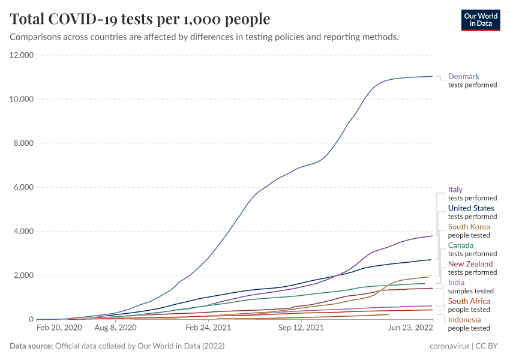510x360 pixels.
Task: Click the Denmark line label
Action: [x=464, y=77]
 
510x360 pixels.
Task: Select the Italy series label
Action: [x=455, y=190]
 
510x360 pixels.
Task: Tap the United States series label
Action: [x=471, y=208]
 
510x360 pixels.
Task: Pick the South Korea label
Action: [x=469, y=227]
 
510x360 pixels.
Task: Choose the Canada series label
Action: [x=460, y=245]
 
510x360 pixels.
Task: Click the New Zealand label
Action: [x=470, y=264]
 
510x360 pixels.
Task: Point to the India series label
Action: [x=456, y=283]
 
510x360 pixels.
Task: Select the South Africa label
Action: [x=469, y=301]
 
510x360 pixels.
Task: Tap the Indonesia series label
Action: [x=464, y=320]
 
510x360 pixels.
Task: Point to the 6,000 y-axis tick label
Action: [x=22, y=187]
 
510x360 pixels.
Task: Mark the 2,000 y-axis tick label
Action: [x=22, y=275]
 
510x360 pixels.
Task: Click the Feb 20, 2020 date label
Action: [x=59, y=328]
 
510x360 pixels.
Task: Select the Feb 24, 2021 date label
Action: [x=208, y=328]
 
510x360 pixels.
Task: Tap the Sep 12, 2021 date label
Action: [x=301, y=328]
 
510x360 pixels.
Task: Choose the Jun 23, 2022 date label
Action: [x=410, y=328]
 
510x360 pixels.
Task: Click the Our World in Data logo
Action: [x=480, y=20]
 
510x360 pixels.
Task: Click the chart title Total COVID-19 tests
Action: [x=140, y=19]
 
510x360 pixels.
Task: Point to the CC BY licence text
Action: [x=487, y=346]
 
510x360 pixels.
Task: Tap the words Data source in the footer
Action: [x=31, y=346]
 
